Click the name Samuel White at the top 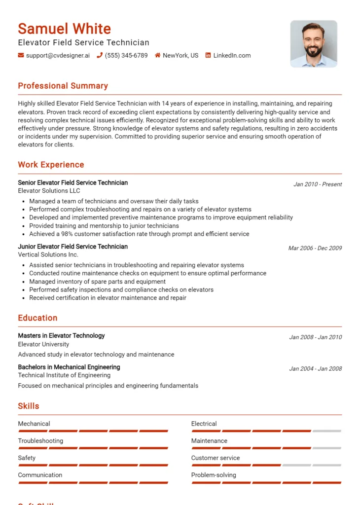click(64, 29)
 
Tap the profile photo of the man click(314, 43)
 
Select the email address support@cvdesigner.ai click(58, 56)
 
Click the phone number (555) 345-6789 click(126, 56)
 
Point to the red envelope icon click(21, 56)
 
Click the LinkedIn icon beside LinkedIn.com click(208, 56)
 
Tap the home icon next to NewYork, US click(158, 56)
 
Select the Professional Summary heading click(63, 86)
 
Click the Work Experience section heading click(51, 165)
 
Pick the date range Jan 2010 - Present click(318, 184)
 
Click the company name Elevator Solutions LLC click(49, 191)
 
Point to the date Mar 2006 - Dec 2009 click(315, 248)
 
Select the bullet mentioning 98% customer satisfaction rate click(139, 234)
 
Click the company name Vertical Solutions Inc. click(48, 255)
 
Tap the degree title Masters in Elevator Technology click(61, 336)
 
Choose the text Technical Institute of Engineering click(64, 375)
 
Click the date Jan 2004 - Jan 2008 click(315, 369)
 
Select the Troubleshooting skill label click(40, 441)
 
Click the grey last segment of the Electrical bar click(327, 431)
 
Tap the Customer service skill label click(216, 458)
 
